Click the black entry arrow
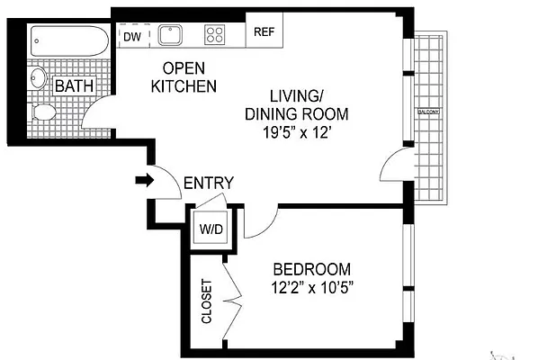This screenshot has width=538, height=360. pyautogui.click(x=142, y=181)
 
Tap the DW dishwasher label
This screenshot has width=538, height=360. pyautogui.click(x=131, y=37)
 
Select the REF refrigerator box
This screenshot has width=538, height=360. pyautogui.click(x=263, y=32)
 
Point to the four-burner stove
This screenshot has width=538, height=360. pyautogui.click(x=215, y=35)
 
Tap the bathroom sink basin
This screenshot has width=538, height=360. pyautogui.click(x=37, y=78)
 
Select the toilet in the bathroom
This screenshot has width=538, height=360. pyautogui.click(x=43, y=113)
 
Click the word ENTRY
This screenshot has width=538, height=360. pyautogui.click(x=208, y=184)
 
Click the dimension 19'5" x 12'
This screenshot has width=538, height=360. pyautogui.click(x=296, y=130)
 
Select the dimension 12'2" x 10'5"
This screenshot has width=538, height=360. pyautogui.click(x=311, y=288)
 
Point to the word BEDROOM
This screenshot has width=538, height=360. pyautogui.click(x=311, y=269)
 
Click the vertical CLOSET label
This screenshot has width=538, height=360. pyautogui.click(x=206, y=301)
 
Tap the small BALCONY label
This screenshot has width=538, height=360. pyautogui.click(x=428, y=112)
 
